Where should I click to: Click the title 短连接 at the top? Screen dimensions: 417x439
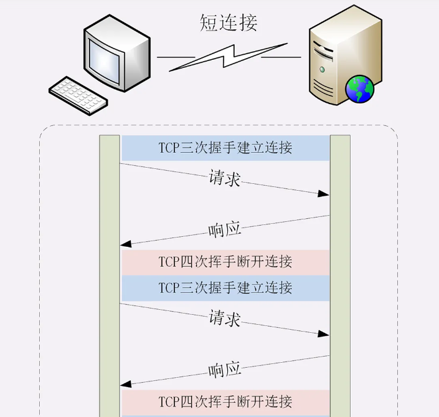pyautogui.click(x=229, y=22)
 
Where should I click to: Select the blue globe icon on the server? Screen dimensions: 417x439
pyautogui.click(x=360, y=89)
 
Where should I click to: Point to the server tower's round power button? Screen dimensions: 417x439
pyautogui.click(x=322, y=69)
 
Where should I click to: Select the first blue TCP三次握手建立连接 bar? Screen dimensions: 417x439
pyautogui.click(x=225, y=148)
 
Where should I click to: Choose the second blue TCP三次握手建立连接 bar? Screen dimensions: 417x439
pyautogui.click(x=225, y=288)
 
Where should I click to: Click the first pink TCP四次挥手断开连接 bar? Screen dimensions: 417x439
pyautogui.click(x=225, y=262)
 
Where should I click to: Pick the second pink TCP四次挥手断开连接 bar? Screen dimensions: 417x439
pyautogui.click(x=225, y=401)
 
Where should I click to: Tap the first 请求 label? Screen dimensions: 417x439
pyautogui.click(x=224, y=179)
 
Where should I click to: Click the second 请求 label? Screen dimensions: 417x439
pyautogui.click(x=224, y=319)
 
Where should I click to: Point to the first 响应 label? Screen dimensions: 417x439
pyautogui.click(x=224, y=230)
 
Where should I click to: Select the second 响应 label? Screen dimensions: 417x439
pyautogui.click(x=224, y=370)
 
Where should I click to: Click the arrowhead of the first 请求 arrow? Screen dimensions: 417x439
pyautogui.click(x=323, y=194)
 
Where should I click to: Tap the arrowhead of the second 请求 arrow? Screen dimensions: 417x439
pyautogui.click(x=323, y=334)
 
